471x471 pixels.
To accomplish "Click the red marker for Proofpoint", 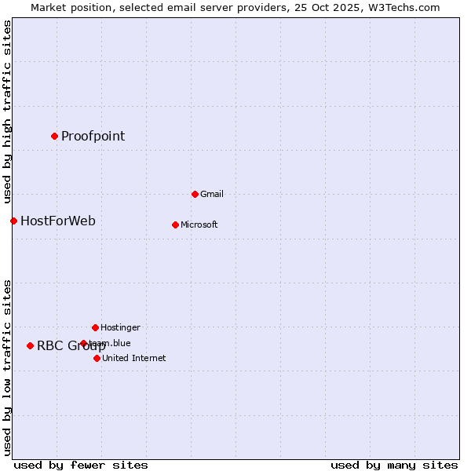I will click(x=54, y=136).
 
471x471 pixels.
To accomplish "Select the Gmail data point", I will click(x=195, y=194).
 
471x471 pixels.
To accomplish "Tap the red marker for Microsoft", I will click(x=175, y=225).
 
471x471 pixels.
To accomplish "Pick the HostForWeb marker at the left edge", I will click(x=13, y=221).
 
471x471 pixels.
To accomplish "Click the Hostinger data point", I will click(x=95, y=327).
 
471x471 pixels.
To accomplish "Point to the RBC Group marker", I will click(x=30, y=345).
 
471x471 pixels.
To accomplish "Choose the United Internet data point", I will click(x=97, y=358).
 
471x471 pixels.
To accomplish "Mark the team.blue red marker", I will click(x=83, y=343).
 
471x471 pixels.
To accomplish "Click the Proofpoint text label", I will click(x=93, y=136).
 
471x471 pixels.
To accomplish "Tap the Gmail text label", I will click(x=212, y=194).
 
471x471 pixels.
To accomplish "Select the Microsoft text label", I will click(x=199, y=225).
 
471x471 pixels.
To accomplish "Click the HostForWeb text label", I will click(x=58, y=221).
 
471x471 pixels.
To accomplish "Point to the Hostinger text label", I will click(x=120, y=327).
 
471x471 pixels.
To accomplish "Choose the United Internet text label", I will click(x=134, y=358).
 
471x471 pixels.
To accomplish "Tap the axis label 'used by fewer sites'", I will click(x=81, y=465).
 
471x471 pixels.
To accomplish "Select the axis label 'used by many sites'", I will click(x=394, y=465).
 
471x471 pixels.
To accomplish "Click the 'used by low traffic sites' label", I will click(x=7, y=367).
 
